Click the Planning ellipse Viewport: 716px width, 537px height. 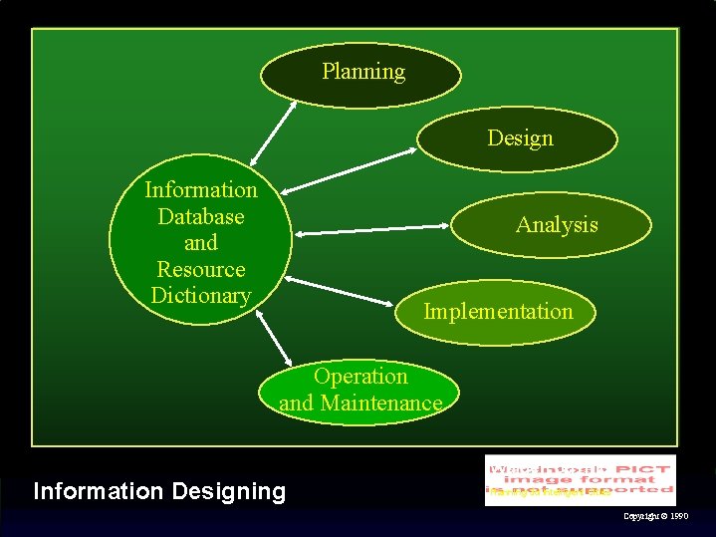point(361,74)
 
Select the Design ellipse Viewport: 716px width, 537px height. point(518,138)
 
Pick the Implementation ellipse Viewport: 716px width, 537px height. point(498,312)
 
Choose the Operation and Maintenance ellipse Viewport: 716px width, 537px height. point(359,391)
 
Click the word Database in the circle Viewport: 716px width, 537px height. point(200,216)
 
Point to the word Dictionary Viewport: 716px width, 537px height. point(200,296)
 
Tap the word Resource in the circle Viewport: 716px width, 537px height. point(200,269)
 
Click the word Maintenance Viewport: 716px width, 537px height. point(388,403)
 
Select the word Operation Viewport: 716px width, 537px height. point(360,377)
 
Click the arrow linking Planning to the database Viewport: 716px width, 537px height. point(274,130)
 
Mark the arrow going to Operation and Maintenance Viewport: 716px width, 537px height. point(273,340)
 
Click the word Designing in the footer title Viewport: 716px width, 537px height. point(228,491)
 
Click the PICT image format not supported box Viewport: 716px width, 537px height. point(580,479)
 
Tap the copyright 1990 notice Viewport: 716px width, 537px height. point(654,517)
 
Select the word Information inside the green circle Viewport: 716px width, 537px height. point(200,189)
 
